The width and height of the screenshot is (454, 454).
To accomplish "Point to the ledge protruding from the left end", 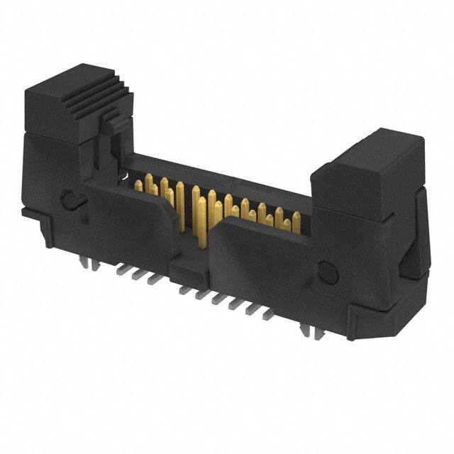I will coord(32,213).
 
